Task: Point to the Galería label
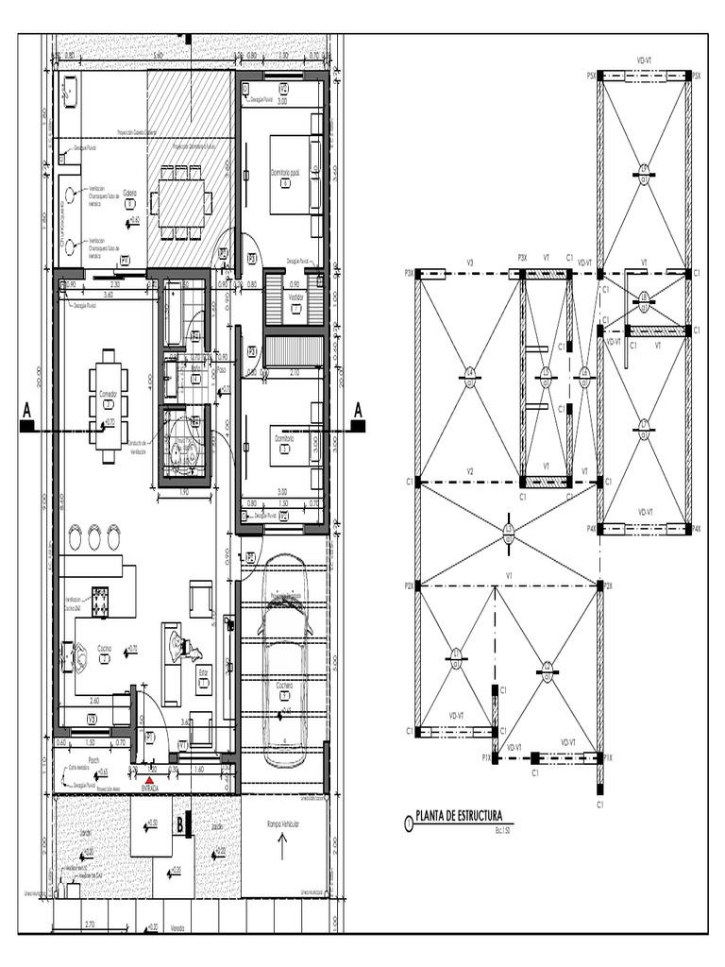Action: tap(130, 193)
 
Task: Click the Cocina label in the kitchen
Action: tap(106, 649)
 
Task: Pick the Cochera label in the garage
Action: tap(283, 687)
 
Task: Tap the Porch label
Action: tap(93, 760)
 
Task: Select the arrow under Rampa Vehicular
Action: tap(282, 847)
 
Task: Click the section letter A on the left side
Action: tap(26, 410)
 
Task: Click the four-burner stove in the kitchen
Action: tap(99, 597)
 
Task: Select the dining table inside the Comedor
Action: tap(109, 404)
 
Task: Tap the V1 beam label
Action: tap(508, 576)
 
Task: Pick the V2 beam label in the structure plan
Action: tap(469, 472)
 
